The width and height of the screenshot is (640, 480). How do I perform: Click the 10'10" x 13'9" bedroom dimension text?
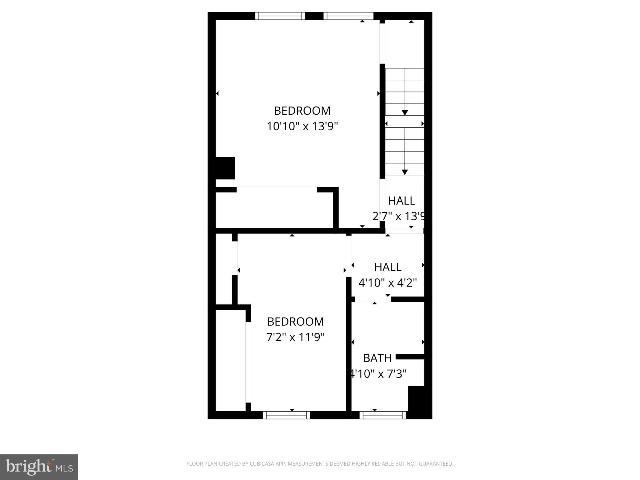point(302,127)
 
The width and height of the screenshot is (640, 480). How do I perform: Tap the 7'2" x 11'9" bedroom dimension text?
point(295,337)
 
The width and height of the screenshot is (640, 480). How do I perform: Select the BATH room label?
point(377,358)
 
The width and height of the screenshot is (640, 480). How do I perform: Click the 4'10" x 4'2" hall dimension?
point(387,283)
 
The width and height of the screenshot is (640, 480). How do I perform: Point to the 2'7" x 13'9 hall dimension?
point(399,216)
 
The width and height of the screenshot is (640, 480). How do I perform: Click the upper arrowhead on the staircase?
point(405,113)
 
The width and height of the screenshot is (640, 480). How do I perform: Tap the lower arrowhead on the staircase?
point(405,172)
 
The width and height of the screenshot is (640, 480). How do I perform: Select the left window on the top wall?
point(280,16)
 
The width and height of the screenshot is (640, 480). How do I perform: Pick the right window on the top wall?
point(348,16)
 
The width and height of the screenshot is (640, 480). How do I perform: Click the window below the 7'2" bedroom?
point(286,415)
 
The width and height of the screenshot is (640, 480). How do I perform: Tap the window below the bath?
point(382,415)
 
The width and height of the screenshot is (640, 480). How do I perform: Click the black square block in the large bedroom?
point(225,168)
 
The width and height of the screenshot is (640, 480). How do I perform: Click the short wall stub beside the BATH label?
point(410,357)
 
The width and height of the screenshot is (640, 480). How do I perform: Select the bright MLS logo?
point(39,467)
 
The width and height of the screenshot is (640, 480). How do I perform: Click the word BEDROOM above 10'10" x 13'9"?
point(302,111)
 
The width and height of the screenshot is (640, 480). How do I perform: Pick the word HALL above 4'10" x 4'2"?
point(388,267)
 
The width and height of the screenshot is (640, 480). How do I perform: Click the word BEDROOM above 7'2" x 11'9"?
point(295,322)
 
